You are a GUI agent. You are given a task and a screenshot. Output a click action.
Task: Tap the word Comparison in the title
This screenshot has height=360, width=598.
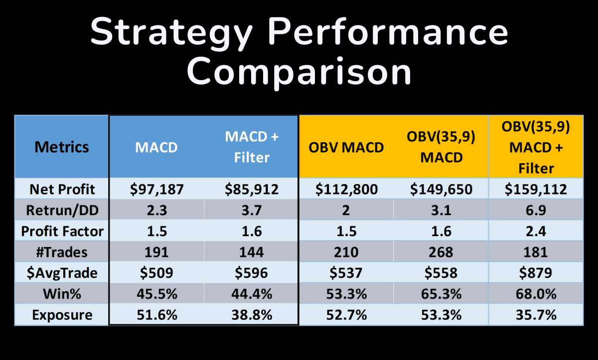pos(299,72)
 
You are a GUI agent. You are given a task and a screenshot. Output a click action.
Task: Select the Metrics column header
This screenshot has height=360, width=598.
pos(62,147)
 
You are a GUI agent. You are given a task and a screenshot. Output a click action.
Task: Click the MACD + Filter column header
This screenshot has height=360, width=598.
pos(252,147)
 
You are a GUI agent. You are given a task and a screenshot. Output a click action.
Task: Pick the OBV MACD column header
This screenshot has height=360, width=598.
pos(346,147)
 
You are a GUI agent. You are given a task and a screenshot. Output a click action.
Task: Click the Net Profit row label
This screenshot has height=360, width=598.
pos(62,189)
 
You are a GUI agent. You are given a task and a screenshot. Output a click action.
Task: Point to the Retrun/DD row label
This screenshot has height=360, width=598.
pos(62,210)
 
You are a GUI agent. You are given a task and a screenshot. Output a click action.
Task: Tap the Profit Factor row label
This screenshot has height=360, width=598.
pos(62,231)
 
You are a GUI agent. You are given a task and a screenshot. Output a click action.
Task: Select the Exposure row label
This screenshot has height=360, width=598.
pos(62,315)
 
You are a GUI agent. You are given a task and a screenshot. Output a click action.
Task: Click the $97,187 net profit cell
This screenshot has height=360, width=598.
pos(156,189)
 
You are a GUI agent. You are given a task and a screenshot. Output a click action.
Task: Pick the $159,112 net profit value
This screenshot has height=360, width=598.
pos(536,189)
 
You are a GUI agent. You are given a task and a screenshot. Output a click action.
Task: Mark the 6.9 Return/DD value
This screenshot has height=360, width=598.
pos(536,211)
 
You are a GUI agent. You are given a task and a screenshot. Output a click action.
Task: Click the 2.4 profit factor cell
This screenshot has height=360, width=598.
pos(536,231)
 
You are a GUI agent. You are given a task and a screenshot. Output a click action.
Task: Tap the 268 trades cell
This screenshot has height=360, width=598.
pos(441,252)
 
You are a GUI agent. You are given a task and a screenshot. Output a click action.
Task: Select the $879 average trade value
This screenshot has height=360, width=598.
pos(536,273)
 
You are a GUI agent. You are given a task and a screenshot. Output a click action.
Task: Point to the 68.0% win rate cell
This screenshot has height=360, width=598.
pos(536,294)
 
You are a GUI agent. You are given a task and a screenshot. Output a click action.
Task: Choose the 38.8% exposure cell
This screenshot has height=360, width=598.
pos(252,315)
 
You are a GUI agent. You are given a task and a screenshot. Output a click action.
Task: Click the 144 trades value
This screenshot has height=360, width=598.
pos(252,252)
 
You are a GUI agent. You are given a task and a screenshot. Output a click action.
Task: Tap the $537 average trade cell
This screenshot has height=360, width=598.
pos(346,273)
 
